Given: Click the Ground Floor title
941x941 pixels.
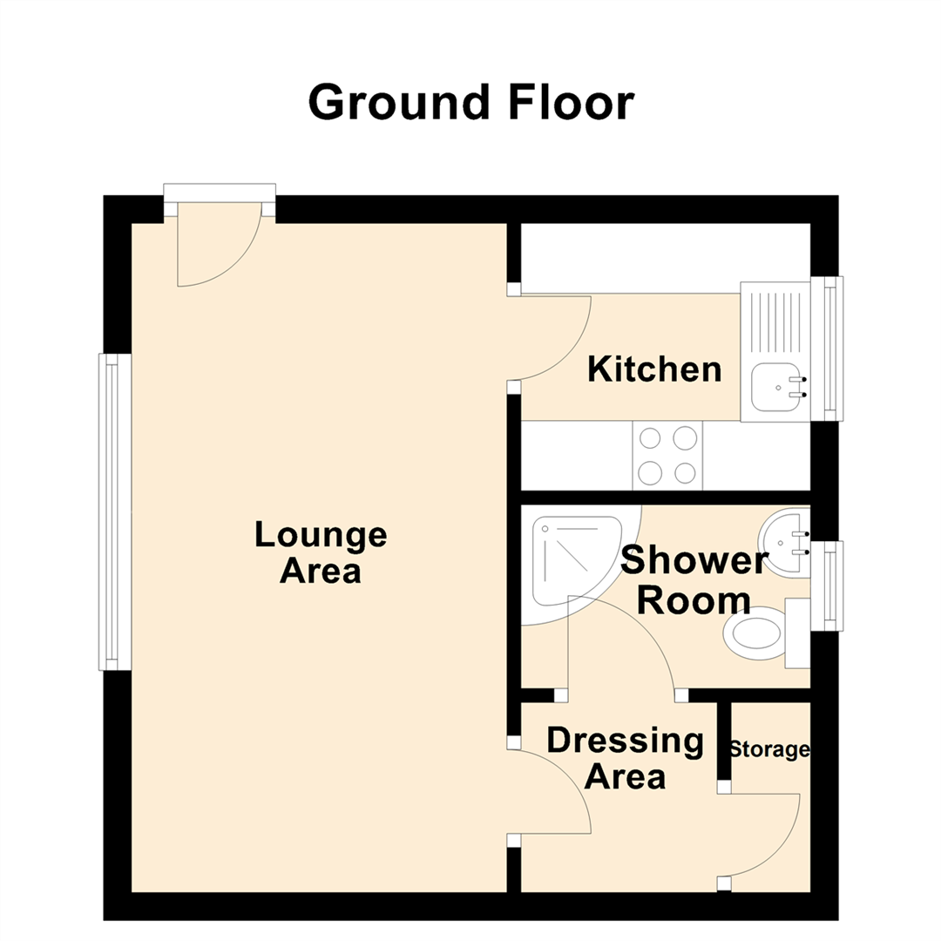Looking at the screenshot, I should tap(470, 103).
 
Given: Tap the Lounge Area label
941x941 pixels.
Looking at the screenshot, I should tap(320, 552).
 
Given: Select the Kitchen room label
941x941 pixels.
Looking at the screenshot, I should tap(654, 369).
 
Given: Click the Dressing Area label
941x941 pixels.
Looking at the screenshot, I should tap(625, 758).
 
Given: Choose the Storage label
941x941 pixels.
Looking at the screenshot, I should tap(769, 749).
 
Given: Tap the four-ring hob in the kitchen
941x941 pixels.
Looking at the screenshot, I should tap(667, 455).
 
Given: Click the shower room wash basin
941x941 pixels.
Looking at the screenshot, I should tap(781, 542).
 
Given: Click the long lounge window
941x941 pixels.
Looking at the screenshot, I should tap(112, 511).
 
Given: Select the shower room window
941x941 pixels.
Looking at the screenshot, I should tap(829, 586).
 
